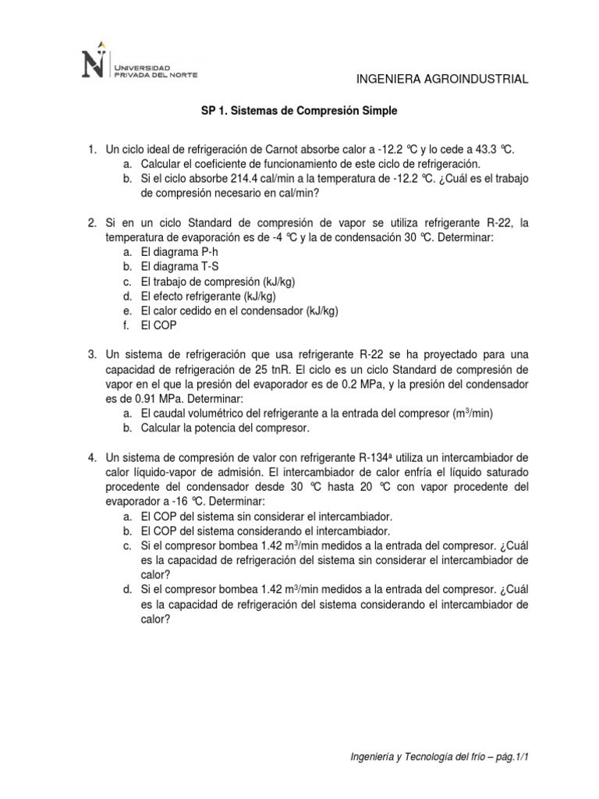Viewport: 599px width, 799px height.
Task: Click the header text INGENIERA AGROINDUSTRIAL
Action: (442, 79)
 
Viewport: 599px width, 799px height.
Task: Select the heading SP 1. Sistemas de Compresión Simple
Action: (299, 112)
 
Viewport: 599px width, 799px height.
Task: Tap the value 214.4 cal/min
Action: (242, 179)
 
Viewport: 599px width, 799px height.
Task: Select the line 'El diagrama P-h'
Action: (176, 253)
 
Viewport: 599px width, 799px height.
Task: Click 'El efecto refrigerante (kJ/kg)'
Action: (209, 297)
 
